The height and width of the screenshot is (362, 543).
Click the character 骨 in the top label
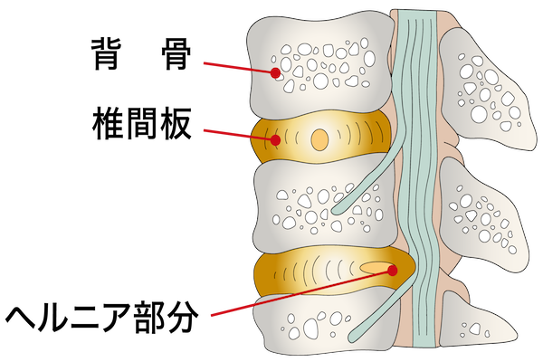pos(176,54)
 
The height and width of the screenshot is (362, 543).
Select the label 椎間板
pos(142,124)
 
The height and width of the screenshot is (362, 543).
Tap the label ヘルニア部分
pos(101,317)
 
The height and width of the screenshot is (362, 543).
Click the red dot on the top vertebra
pos(275,72)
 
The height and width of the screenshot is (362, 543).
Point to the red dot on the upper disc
pos(275,140)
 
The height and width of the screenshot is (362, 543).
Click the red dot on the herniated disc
pos(392,271)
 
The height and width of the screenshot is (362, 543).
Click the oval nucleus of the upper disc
pos(319,139)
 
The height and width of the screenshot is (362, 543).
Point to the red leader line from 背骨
pos(239,68)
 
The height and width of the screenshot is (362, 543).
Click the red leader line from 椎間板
pos(239,135)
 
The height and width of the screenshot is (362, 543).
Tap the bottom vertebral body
pos(326,322)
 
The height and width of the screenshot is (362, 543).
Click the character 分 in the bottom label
pos(183,317)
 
